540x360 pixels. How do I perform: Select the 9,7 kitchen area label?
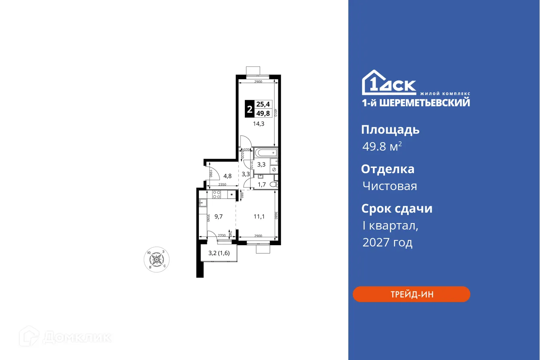coord(219,217)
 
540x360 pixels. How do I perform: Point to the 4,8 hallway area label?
coord(228,176)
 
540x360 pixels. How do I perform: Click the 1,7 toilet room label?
coord(261,185)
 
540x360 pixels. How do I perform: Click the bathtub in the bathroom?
coord(266,152)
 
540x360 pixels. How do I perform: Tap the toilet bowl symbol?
coord(274,184)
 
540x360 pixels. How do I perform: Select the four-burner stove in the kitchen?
coord(216,194)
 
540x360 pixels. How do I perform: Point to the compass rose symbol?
coord(157,258)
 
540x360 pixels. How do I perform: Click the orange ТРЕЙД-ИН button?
coord(411,294)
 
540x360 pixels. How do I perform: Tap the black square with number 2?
coord(250,109)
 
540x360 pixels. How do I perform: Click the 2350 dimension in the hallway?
coord(222,184)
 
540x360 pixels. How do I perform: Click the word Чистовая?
coord(389,186)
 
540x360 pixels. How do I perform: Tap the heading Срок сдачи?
coord(397,209)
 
